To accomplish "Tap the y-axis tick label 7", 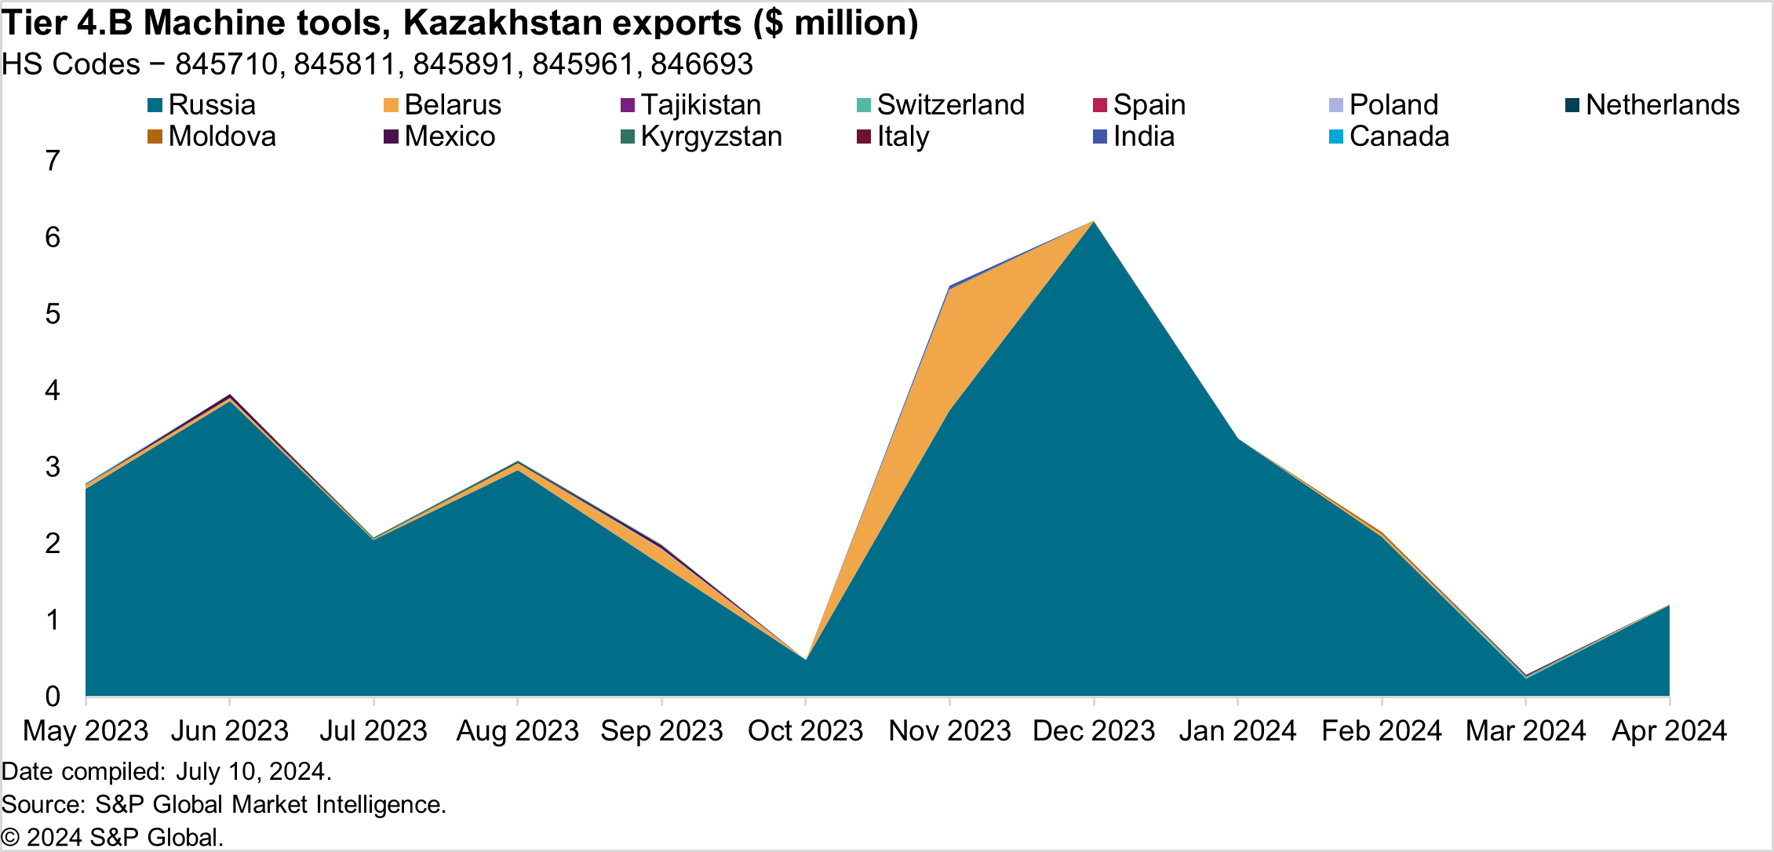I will (53, 161).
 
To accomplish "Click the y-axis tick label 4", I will (53, 390).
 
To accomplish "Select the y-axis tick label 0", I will (53, 696).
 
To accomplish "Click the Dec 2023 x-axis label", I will (1094, 731).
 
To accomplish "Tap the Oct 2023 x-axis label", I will (806, 731).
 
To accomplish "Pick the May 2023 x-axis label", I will (86, 731).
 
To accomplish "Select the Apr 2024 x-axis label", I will (1669, 731).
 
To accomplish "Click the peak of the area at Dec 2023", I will (1094, 222).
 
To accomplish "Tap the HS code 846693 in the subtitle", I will (701, 64).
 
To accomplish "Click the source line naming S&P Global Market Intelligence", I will (224, 804).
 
